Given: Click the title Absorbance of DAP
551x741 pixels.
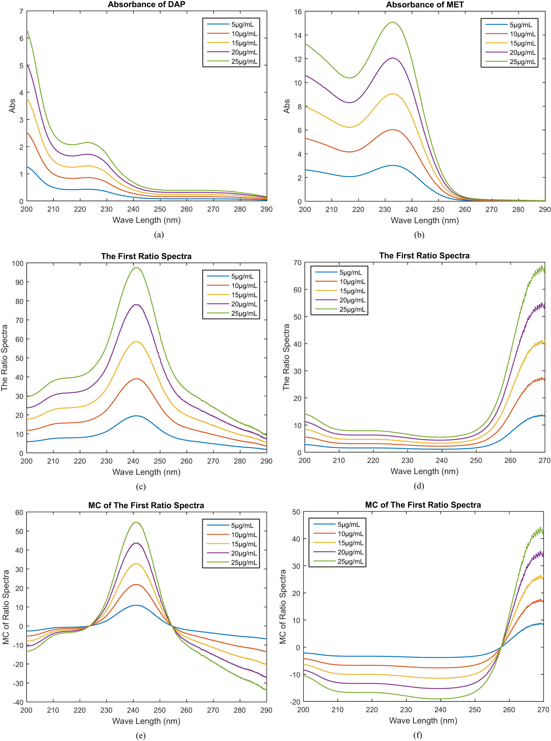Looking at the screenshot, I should pyautogui.click(x=147, y=4).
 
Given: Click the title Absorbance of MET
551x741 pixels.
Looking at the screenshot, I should pyautogui.click(x=425, y=5).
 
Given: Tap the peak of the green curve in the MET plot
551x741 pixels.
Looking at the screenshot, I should pyautogui.click(x=393, y=22).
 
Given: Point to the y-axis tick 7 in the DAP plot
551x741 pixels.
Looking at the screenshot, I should pyautogui.click(x=21, y=12).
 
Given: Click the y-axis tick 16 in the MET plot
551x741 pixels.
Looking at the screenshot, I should pyautogui.click(x=298, y=12).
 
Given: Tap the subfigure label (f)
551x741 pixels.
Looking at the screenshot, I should pyautogui.click(x=417, y=735).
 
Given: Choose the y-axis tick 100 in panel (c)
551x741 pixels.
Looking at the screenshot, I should pyautogui.click(x=18, y=263).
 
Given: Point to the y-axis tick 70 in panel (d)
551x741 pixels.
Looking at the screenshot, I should pyautogui.click(x=298, y=263).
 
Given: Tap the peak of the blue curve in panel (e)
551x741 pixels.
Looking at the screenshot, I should pyautogui.click(x=136, y=605).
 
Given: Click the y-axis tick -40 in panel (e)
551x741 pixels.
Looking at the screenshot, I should pyautogui.click(x=18, y=702).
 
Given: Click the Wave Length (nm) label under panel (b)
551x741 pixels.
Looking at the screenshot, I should pyautogui.click(x=425, y=221).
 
